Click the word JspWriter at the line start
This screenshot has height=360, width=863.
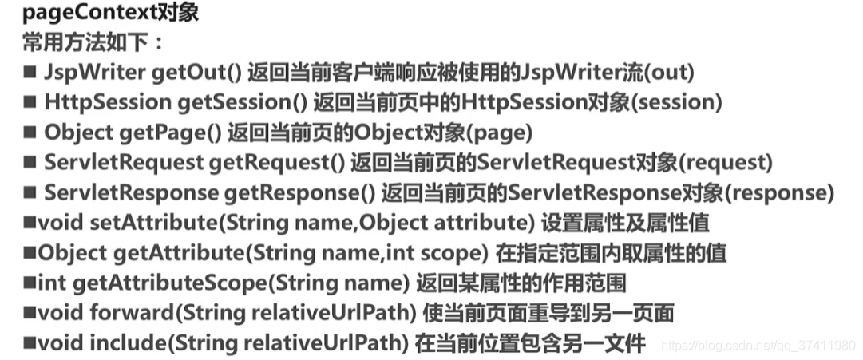tap(93, 73)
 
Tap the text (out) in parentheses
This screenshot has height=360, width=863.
tap(668, 73)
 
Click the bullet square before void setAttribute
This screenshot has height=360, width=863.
tap(30, 224)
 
